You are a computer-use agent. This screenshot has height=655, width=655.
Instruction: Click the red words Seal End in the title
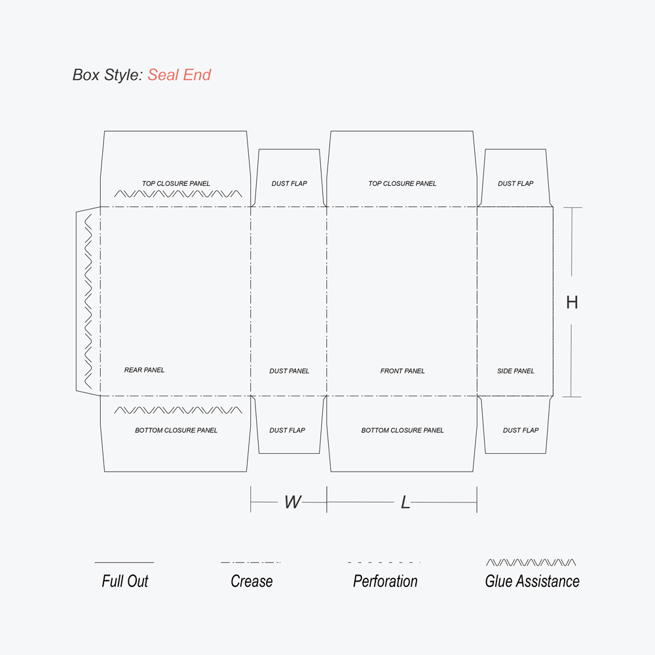pos(179,75)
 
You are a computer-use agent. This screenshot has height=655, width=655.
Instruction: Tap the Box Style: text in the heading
pos(107,75)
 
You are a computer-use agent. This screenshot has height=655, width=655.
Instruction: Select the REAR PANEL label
pos(144,370)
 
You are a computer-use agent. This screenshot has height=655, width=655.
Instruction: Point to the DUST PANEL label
pos(289,371)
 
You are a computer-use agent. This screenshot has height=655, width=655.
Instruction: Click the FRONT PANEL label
pos(402,371)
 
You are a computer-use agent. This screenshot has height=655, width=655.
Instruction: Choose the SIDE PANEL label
pos(515,371)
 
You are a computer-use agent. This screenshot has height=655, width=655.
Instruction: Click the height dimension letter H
pos(572,302)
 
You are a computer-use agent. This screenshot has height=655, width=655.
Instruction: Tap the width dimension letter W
pos(292,502)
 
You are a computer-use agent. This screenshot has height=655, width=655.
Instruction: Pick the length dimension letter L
pos(405,502)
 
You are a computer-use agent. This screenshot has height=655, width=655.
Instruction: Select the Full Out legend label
pos(124,581)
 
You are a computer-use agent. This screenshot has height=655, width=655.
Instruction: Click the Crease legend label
pos(252,581)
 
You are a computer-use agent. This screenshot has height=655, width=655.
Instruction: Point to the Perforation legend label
pos(385,581)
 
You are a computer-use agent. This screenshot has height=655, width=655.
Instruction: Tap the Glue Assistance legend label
pos(532,581)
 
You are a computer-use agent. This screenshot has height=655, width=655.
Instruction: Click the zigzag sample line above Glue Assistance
pos(531,562)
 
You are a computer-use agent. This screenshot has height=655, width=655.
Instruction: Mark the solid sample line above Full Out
pos(124,562)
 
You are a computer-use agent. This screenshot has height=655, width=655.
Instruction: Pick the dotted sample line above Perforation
pos(384,562)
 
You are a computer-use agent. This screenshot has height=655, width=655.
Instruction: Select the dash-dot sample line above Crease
pos(251,562)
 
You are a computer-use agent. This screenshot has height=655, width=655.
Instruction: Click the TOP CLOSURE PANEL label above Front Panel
pos(402,183)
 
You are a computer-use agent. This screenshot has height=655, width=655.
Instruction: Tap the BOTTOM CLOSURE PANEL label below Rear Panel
pos(176,430)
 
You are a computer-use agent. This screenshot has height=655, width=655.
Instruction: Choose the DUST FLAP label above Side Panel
pos(515,183)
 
